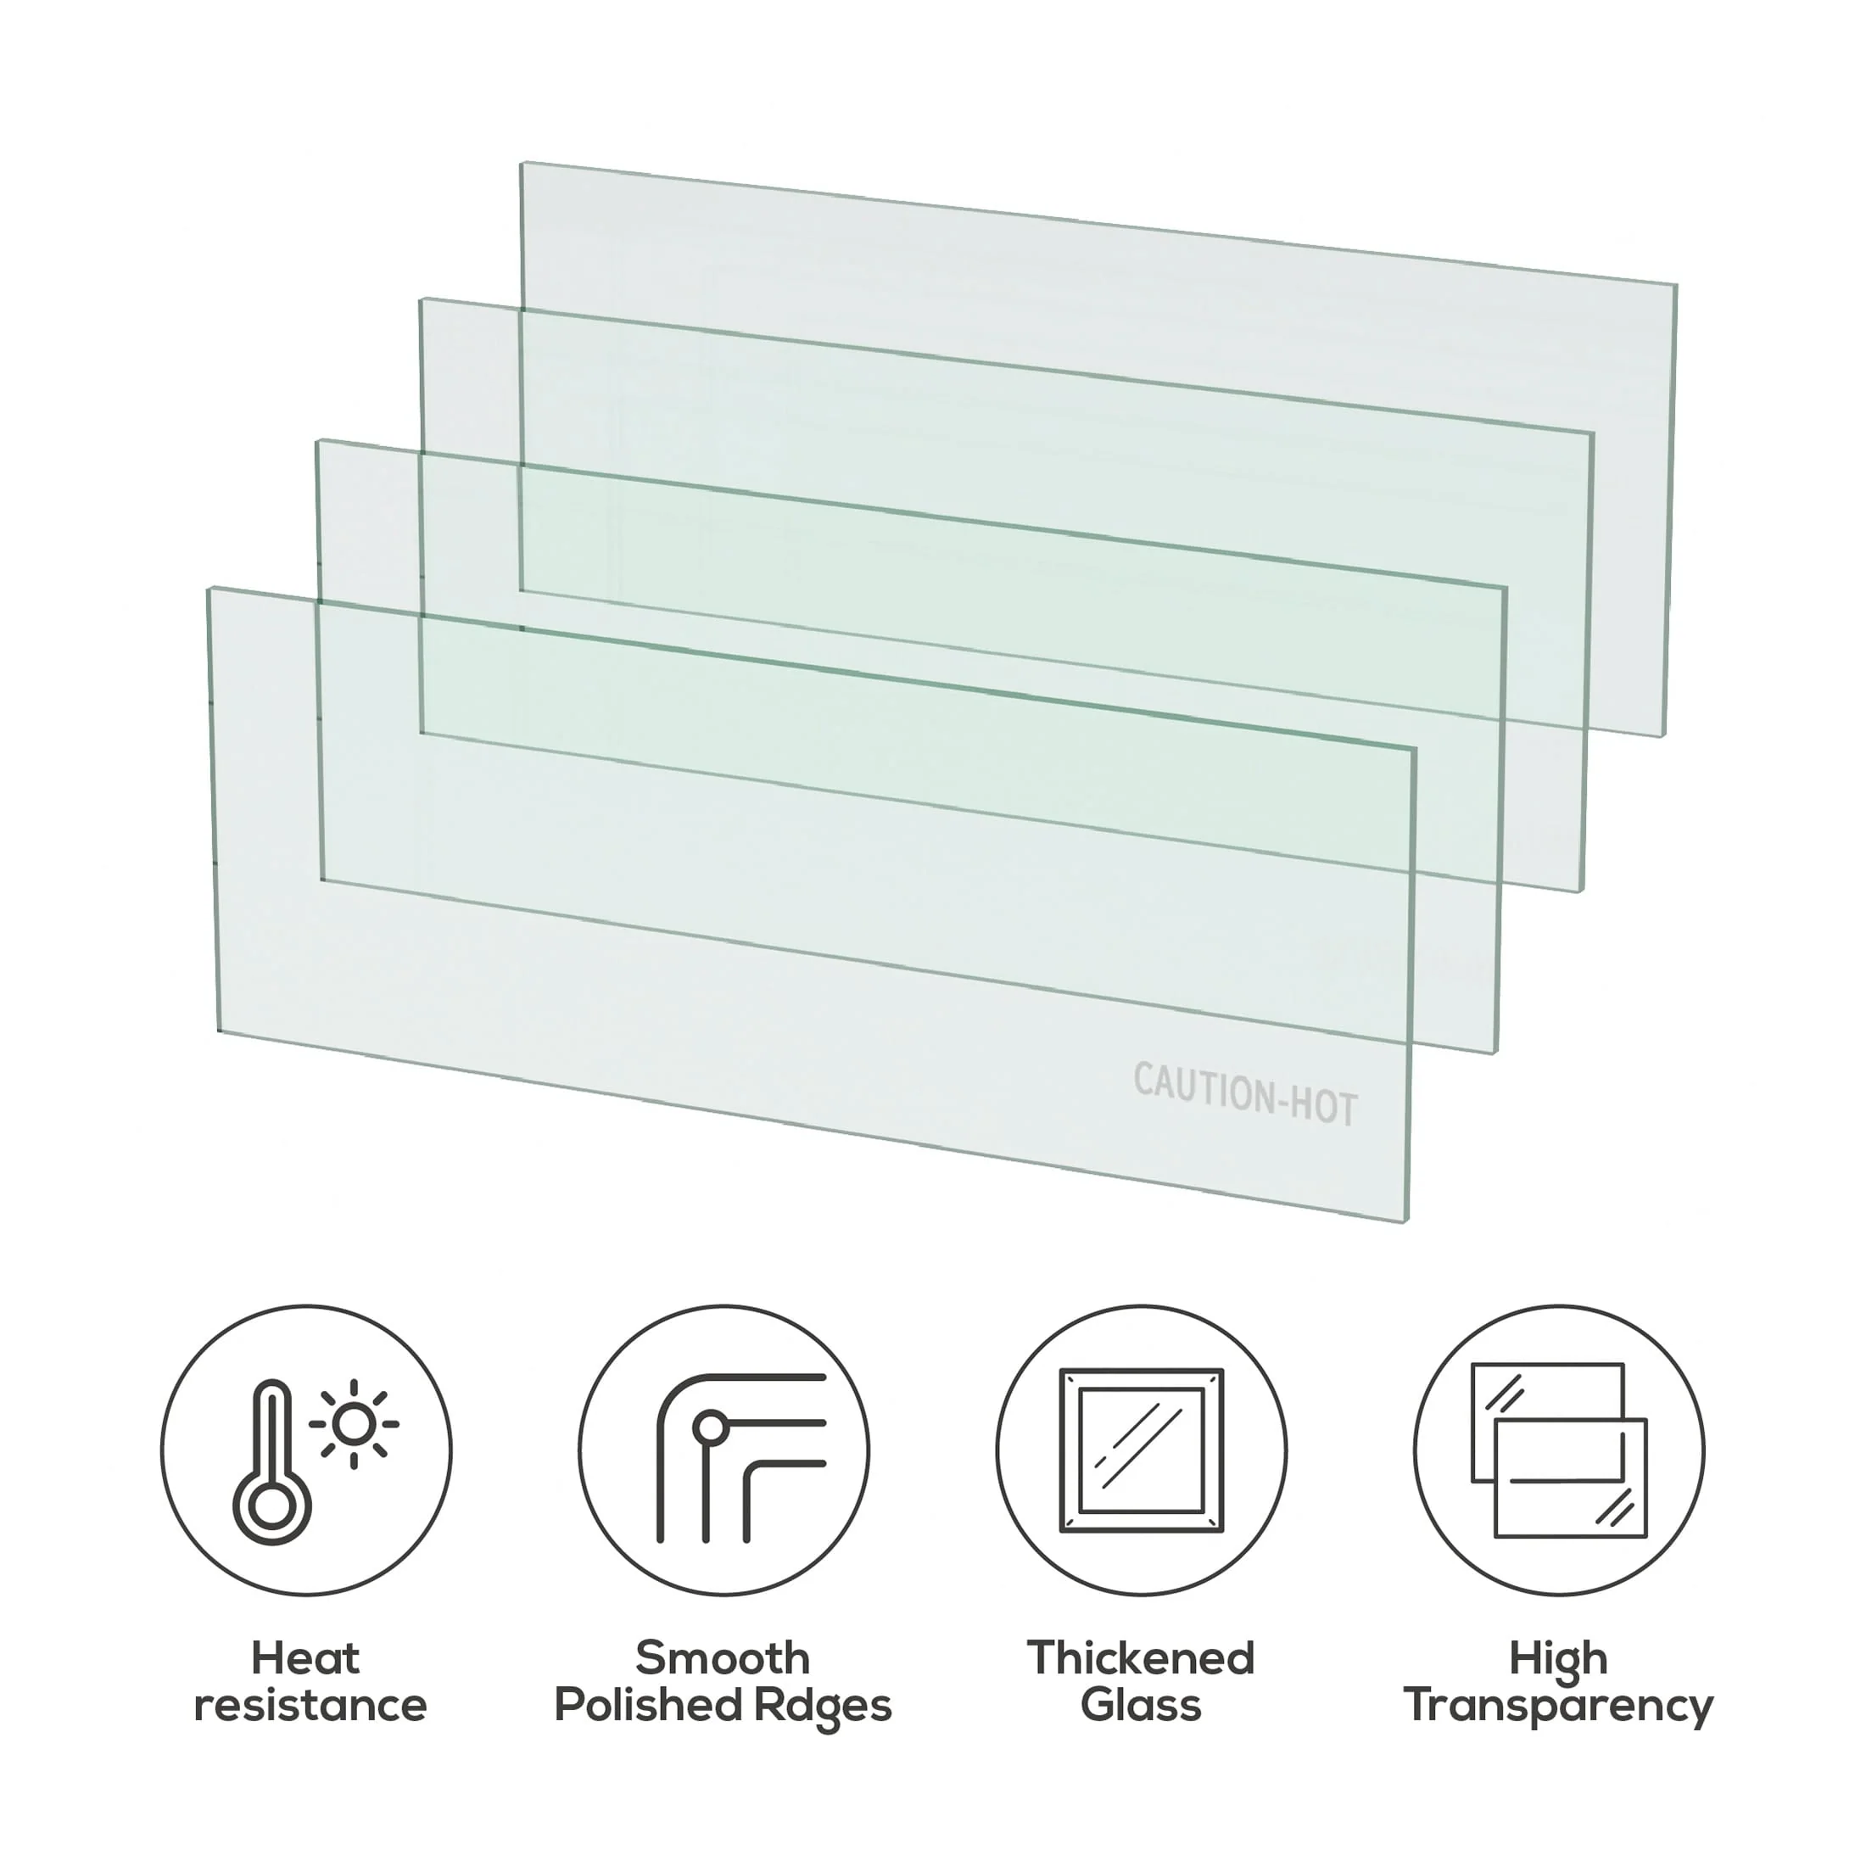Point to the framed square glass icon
click(1142, 1450)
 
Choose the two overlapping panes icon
click(1559, 1450)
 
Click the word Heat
click(305, 1659)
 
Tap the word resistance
click(310, 1706)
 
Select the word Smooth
click(723, 1659)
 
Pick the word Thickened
click(1141, 1659)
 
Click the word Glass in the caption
click(1141, 1706)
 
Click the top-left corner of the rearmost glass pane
click(522, 162)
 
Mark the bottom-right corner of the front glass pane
click(1406, 1221)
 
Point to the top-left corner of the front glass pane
click(210, 588)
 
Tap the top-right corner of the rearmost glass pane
click(1676, 285)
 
